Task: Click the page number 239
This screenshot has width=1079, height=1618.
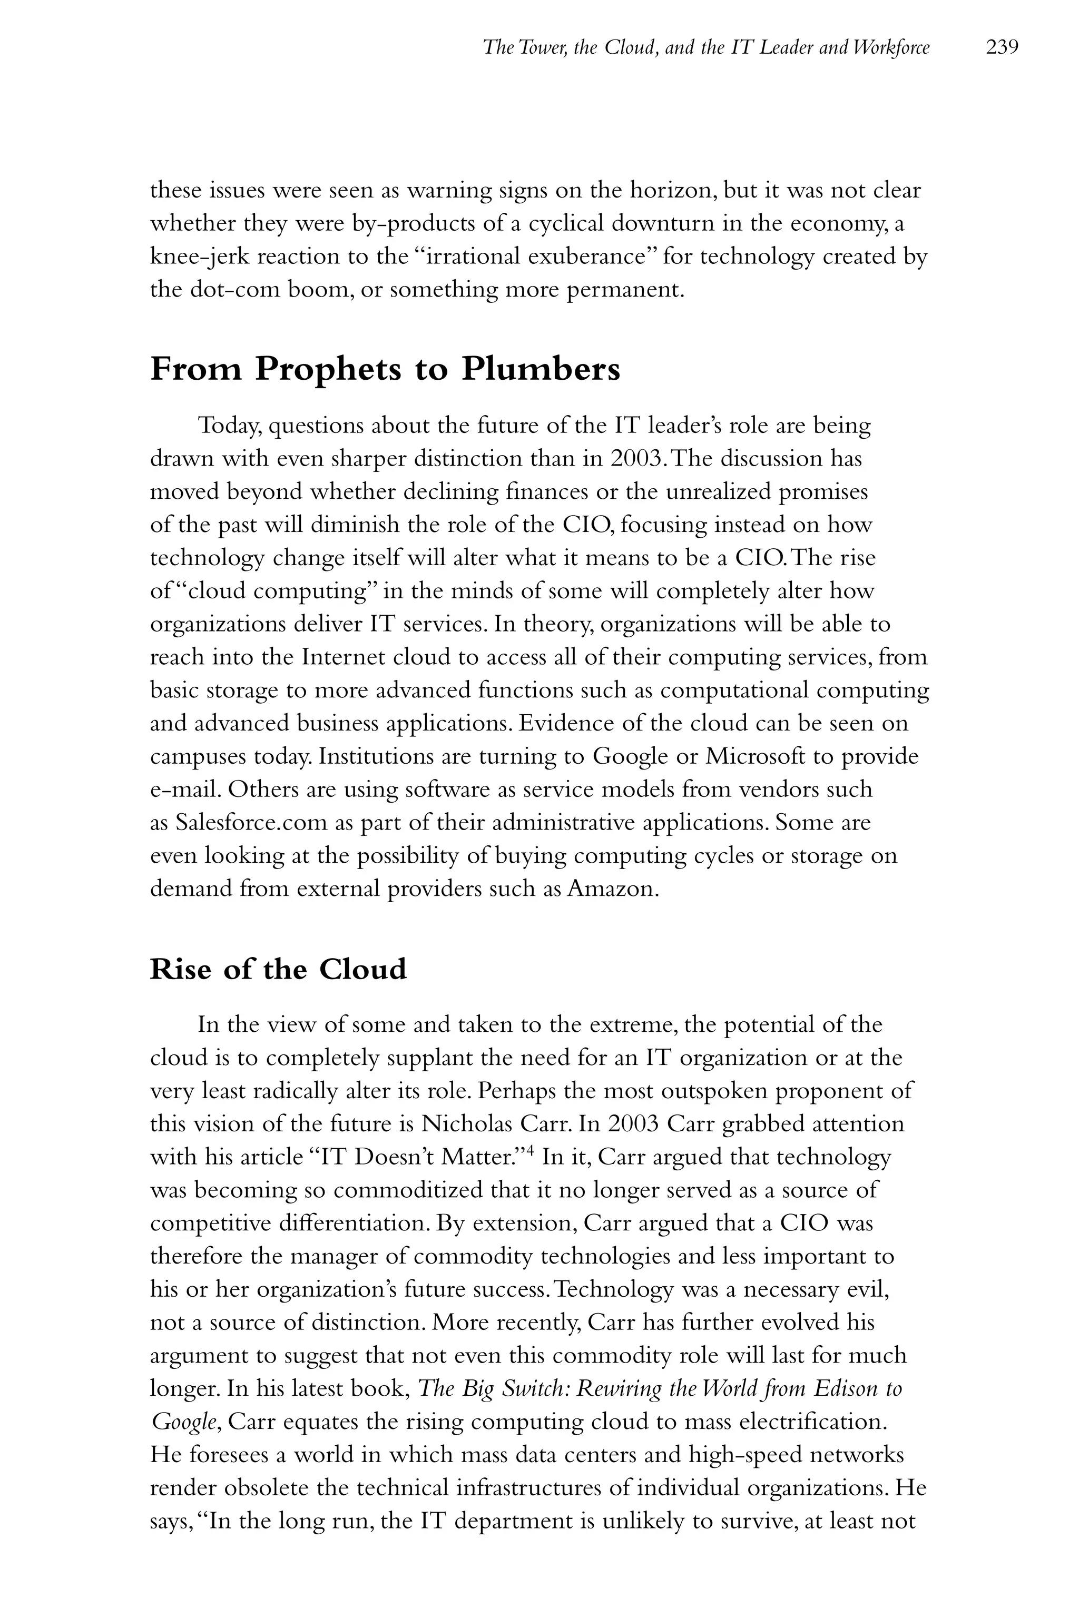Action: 1001,47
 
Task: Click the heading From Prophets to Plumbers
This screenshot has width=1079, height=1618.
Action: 385,369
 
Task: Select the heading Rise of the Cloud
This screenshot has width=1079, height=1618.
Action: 278,969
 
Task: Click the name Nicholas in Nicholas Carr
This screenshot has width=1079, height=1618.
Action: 467,1124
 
